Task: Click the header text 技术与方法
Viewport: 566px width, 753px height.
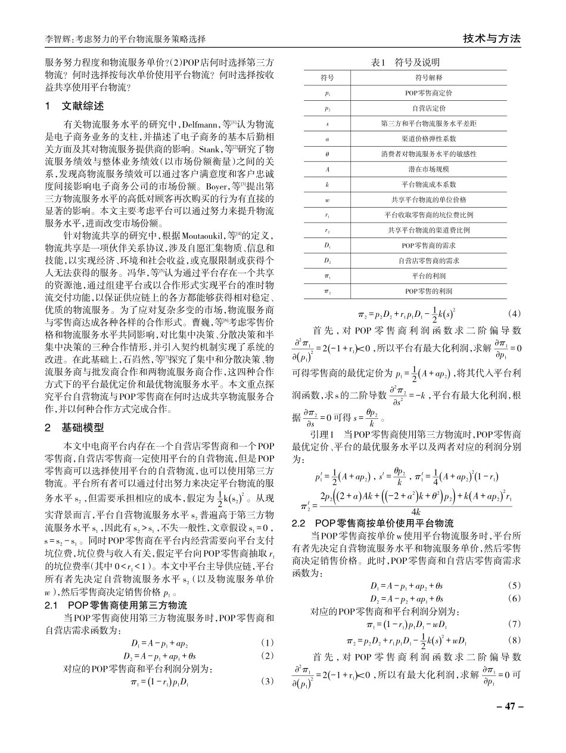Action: point(492,39)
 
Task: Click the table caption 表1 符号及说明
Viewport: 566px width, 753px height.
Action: point(405,63)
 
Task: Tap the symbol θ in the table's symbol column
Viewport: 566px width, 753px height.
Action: point(327,154)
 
